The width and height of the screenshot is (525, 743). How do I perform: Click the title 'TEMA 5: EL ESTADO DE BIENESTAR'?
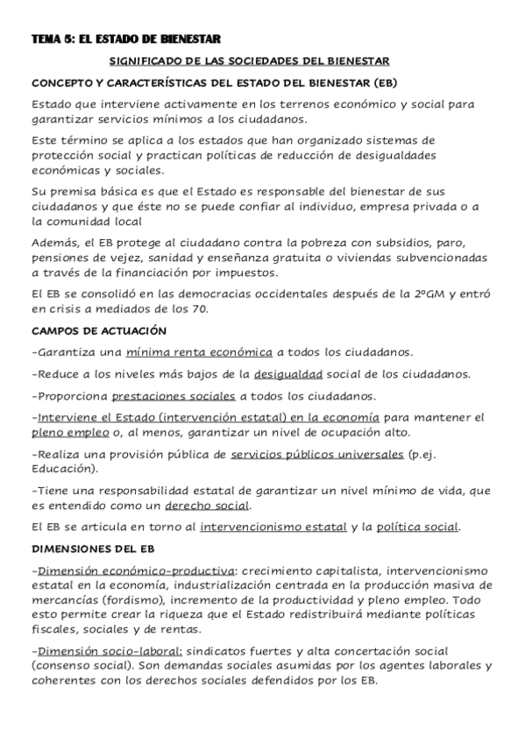[124, 39]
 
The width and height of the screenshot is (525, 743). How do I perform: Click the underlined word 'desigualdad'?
[289, 374]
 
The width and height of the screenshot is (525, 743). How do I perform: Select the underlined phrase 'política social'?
[417, 527]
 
